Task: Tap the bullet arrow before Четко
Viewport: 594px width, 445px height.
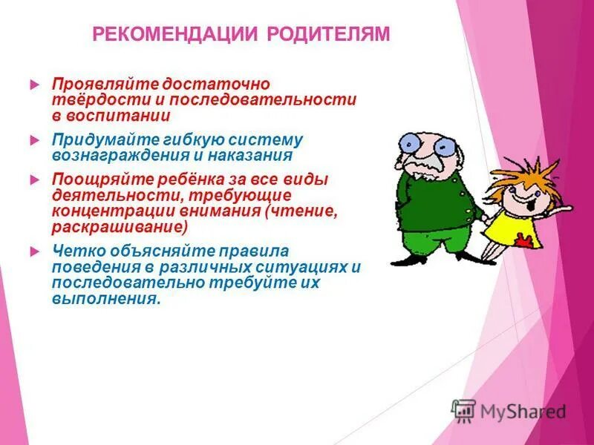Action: (33, 252)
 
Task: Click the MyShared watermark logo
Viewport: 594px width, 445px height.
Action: (509, 410)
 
